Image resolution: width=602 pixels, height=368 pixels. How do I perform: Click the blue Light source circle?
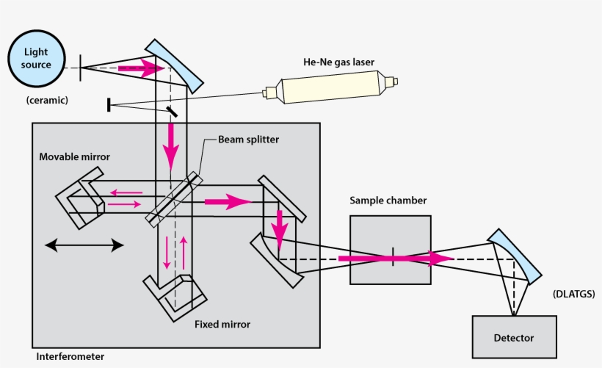pyautogui.click(x=37, y=59)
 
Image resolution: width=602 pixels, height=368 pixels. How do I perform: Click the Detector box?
pyautogui.click(x=513, y=337)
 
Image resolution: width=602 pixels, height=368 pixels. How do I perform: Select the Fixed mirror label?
pyautogui.click(x=222, y=323)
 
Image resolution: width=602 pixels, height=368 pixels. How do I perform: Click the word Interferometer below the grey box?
pyautogui.click(x=70, y=357)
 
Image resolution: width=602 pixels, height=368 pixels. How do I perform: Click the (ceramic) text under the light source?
pyautogui.click(x=46, y=100)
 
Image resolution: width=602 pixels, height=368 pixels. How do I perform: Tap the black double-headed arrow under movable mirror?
pyautogui.click(x=84, y=245)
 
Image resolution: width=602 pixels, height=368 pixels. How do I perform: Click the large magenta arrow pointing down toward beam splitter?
pyautogui.click(x=171, y=145)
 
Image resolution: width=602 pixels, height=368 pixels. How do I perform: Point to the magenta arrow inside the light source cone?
pyautogui.click(x=143, y=69)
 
